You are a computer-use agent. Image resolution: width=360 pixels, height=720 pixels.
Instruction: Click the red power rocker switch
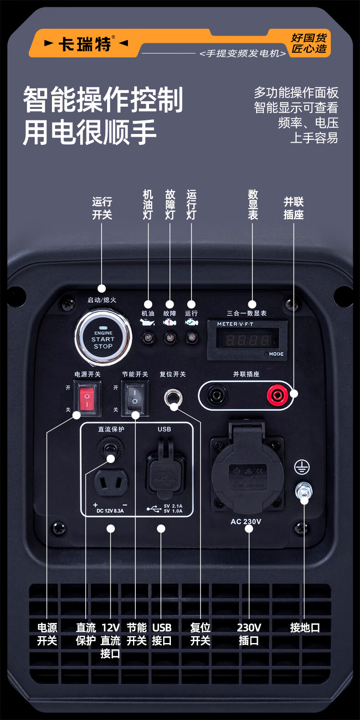87,399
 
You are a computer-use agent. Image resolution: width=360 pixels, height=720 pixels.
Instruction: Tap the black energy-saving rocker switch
135,398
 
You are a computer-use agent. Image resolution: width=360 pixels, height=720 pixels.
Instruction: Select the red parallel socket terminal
277,395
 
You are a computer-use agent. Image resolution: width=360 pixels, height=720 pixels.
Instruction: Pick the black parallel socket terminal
216,395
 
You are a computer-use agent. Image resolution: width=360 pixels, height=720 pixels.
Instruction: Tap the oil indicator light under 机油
148,338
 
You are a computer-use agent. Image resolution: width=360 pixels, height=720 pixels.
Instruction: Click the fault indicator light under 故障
170,338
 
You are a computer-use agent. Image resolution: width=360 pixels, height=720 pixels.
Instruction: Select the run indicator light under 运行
191,338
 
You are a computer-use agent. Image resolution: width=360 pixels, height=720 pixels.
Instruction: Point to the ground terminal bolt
303,491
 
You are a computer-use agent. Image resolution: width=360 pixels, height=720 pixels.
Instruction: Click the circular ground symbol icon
302,467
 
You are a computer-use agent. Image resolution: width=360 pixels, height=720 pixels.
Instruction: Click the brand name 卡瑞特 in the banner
85,44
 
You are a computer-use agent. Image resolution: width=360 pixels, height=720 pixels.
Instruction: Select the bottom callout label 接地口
305,628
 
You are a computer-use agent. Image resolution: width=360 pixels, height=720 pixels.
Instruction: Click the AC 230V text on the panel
246,522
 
